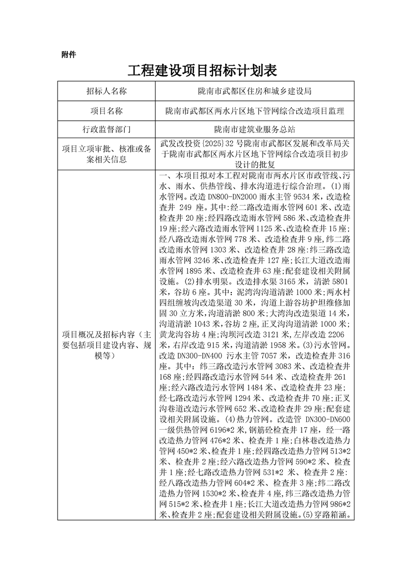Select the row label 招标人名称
106,91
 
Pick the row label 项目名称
106,111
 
